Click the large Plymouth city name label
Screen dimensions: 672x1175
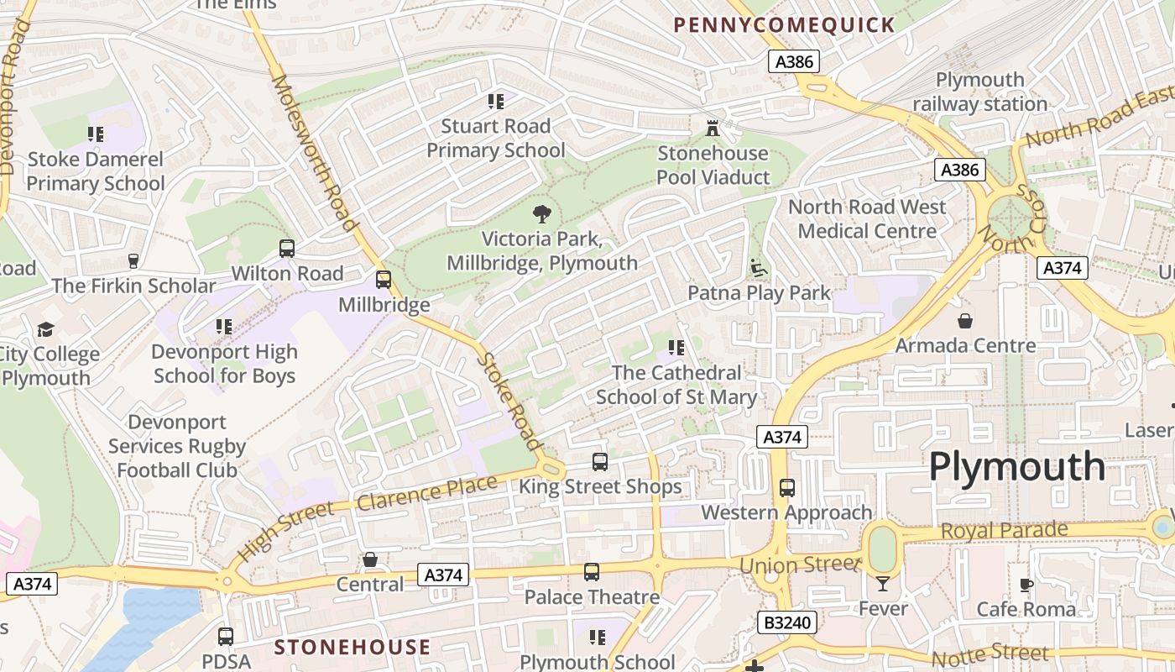click(1016, 466)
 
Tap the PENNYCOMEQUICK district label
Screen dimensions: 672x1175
click(784, 25)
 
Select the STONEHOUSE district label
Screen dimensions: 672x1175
click(352, 647)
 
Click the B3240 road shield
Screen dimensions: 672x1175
click(786, 622)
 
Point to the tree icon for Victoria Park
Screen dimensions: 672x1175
click(542, 214)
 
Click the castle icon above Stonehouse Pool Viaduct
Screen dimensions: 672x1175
click(713, 129)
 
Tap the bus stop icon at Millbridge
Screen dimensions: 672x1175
click(384, 280)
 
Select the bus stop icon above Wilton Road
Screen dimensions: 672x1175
click(287, 249)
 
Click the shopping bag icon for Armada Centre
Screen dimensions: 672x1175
click(965, 321)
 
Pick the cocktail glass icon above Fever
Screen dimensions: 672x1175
click(883, 584)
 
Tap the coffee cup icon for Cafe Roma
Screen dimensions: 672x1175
click(1026, 585)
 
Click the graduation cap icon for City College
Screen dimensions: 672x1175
click(45, 329)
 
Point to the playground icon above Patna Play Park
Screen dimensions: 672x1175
click(759, 268)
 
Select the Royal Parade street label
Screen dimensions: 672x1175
click(1004, 531)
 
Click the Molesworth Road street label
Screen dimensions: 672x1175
click(314, 153)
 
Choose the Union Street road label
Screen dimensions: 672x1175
click(800, 565)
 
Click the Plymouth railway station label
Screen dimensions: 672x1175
click(980, 92)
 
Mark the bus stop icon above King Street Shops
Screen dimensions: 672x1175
click(600, 462)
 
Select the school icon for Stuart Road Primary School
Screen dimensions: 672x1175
click(496, 102)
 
